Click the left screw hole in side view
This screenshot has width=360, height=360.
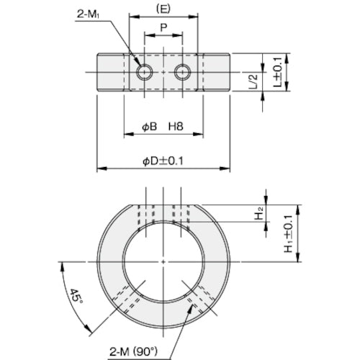point(145,71)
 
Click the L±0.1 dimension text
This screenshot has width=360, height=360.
point(279,72)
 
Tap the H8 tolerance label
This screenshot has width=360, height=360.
point(176,127)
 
